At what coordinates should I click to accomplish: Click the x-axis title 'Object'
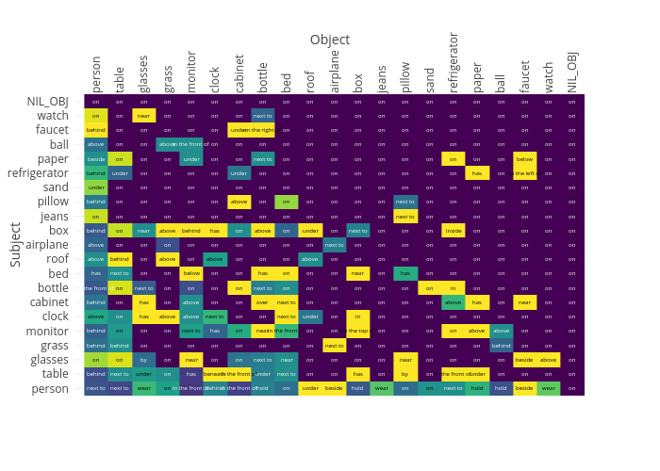coord(329,40)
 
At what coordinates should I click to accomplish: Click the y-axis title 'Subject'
coord(15,244)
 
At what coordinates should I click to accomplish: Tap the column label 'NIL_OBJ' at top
coord(572,72)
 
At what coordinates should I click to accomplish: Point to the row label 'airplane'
coord(47,245)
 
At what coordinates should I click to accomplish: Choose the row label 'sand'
coord(57,187)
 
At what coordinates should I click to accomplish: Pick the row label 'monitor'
coord(46,331)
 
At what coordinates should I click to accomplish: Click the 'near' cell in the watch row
coord(143,116)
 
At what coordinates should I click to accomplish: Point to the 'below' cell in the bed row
coord(190,273)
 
